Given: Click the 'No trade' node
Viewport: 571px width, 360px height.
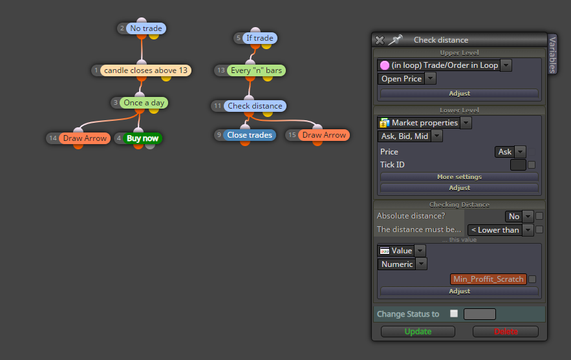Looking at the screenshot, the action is (146, 28).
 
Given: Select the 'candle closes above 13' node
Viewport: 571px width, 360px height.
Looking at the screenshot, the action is (145, 70).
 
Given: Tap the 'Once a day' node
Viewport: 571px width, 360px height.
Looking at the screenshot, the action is (144, 103).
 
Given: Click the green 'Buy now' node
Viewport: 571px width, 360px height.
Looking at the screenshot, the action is (142, 138).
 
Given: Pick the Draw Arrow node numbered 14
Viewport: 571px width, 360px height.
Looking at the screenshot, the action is (85, 138).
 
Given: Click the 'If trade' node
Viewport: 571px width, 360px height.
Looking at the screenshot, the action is (260, 38).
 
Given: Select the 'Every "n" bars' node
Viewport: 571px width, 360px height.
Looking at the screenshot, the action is (256, 70).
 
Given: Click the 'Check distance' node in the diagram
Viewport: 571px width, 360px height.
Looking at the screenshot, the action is (255, 106).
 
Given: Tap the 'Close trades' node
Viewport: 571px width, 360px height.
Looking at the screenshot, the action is (250, 135).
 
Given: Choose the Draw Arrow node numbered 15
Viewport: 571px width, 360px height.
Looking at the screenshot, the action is (324, 135).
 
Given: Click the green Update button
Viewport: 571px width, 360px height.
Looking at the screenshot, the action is (418, 332).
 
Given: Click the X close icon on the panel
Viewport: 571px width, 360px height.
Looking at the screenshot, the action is (380, 40).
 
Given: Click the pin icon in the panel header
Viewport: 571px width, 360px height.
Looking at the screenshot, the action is (395, 39).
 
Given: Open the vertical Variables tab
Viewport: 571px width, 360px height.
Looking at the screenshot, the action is (552, 54).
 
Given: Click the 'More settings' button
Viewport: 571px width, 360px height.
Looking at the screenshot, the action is (459, 177).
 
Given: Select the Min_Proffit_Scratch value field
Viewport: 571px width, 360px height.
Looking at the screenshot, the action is (488, 279).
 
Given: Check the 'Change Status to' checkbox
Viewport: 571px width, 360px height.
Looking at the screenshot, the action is (454, 313).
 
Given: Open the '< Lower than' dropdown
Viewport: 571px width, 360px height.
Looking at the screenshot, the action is (501, 230).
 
